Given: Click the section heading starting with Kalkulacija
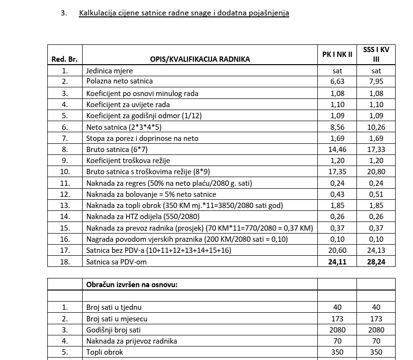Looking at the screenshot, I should click(184, 13).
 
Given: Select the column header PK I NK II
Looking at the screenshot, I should click(337, 55).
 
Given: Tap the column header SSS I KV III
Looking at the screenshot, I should click(376, 54).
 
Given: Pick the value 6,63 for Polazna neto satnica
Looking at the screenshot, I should click(337, 82).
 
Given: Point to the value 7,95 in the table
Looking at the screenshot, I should click(376, 82).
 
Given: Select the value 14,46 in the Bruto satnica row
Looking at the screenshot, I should click(337, 149).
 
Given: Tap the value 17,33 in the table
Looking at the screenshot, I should click(376, 149).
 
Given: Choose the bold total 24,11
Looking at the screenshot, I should click(337, 262).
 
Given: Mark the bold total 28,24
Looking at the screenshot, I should click(376, 262).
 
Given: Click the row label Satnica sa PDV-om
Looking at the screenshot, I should click(116, 262).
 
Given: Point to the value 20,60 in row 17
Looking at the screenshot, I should click(337, 250).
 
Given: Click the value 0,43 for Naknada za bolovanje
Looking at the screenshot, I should click(337, 194).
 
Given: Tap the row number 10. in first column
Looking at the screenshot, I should click(65, 172).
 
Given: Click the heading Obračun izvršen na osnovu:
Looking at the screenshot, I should click(132, 284).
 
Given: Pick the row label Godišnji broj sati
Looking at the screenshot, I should click(116, 330).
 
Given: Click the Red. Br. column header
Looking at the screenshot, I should click(65, 59).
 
